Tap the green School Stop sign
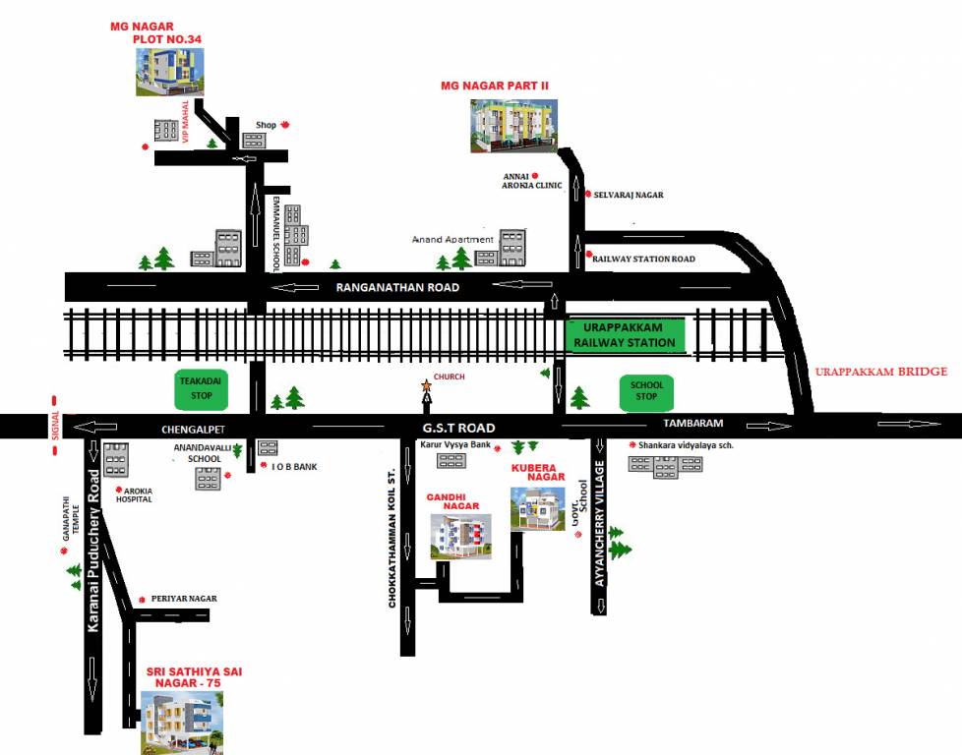coord(645,391)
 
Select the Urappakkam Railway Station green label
coord(627,334)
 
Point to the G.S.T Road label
coord(459,428)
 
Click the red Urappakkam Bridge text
coord(880,372)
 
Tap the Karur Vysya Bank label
coord(455,445)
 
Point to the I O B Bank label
coord(294,466)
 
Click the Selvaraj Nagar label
coord(630,195)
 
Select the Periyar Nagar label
coord(183,598)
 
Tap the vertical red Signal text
coord(55,427)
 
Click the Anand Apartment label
coord(452,239)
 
